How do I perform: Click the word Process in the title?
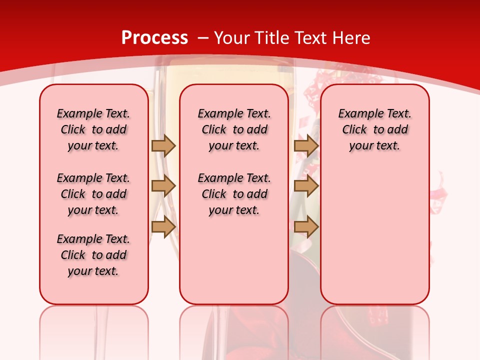[x=154, y=38]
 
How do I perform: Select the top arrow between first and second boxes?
[x=163, y=145]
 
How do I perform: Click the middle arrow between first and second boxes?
[x=163, y=186]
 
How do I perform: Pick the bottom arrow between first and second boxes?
[x=163, y=226]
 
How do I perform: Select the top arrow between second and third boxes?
[x=306, y=145]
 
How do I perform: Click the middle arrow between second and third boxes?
[x=306, y=186]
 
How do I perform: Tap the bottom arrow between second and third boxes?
[x=306, y=226]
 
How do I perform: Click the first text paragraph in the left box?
[x=93, y=129]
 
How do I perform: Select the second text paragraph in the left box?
[x=93, y=194]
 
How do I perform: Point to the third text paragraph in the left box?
[x=93, y=255]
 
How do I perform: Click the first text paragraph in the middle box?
[x=234, y=129]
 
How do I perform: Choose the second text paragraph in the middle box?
[x=234, y=194]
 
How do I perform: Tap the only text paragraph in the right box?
[x=374, y=129]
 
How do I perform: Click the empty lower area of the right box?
[x=374, y=240]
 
